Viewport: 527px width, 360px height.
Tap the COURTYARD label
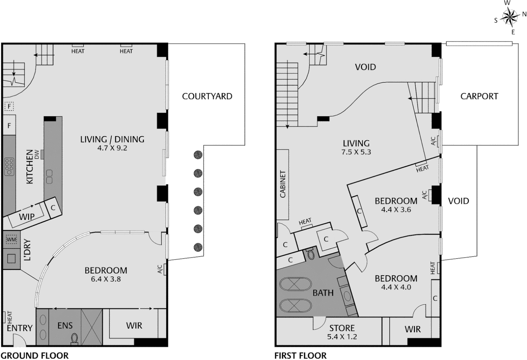[207, 96]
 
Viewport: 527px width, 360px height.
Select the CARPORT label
[479, 96]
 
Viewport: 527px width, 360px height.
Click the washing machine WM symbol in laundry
[11, 239]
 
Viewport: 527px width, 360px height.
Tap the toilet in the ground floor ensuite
[74, 338]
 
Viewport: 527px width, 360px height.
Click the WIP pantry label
[27, 217]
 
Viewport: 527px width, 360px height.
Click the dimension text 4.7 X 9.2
[112, 148]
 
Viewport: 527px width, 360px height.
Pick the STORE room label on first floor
[342, 328]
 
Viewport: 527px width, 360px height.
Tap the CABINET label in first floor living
[283, 184]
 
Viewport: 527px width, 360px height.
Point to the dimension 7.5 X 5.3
[356, 152]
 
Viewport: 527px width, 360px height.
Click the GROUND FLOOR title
[35, 356]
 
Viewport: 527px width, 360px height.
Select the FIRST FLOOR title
[300, 356]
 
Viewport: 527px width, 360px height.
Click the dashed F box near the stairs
[9, 107]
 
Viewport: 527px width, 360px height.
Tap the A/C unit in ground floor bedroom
[163, 269]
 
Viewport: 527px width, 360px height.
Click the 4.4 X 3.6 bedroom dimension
[396, 210]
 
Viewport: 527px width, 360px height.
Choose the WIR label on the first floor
[412, 329]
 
